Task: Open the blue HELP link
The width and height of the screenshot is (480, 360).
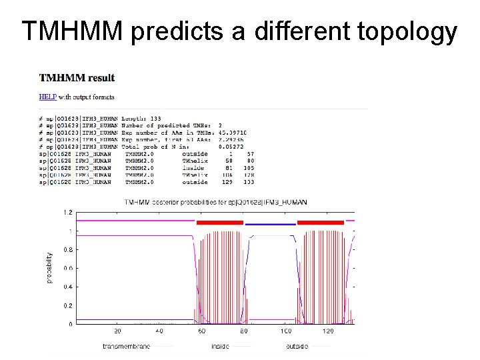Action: click(47, 97)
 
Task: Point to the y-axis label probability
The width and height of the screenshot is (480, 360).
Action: click(49, 267)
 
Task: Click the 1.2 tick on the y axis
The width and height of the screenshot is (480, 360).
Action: click(67, 212)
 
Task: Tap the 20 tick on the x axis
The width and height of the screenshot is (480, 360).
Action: click(117, 331)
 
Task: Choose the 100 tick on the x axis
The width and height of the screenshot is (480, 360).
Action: click(285, 331)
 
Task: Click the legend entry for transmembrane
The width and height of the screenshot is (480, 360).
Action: click(127, 346)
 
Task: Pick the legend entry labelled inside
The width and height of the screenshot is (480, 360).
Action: click(220, 346)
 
